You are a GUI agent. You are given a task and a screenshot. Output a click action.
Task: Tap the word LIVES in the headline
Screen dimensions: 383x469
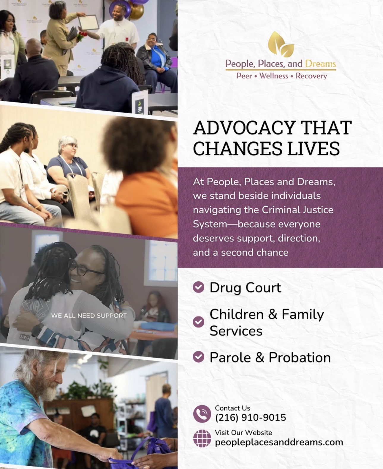pos(313,149)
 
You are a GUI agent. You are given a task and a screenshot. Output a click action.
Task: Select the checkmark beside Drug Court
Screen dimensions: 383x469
pos(199,287)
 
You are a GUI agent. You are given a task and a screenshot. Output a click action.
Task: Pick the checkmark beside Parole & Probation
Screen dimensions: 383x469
pos(199,357)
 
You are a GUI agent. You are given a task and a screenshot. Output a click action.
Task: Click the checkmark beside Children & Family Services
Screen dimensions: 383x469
pos(199,322)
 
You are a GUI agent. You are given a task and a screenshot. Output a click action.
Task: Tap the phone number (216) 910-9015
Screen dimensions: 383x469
pos(250,418)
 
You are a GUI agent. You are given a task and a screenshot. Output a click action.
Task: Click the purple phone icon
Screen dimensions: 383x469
pos(202,414)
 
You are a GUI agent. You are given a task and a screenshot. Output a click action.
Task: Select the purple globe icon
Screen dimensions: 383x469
pos(202,438)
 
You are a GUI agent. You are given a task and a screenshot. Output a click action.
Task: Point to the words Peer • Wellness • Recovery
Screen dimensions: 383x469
pos(281,76)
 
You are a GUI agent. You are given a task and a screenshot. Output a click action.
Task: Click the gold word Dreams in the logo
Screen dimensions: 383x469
pos(320,64)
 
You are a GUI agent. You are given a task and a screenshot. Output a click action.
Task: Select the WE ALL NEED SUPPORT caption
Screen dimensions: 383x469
pos(89,315)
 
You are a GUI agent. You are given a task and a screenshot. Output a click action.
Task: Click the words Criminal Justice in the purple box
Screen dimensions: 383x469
pos(297,210)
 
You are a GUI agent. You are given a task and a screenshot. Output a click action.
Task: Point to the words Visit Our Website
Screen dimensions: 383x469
pos(243,432)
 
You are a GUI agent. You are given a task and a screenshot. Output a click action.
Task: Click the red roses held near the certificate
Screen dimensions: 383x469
pos(81,36)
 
